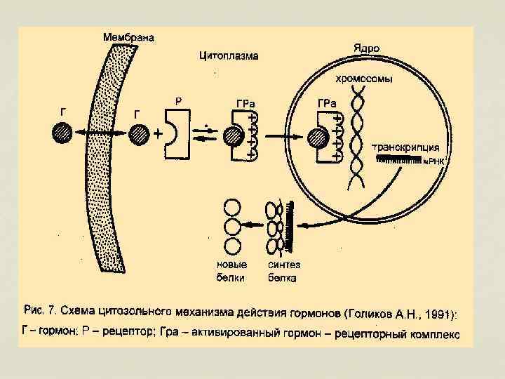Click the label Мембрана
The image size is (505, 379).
(129, 37)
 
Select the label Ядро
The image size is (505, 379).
(366, 48)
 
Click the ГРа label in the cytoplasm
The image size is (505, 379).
(245, 104)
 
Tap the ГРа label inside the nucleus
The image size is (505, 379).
(327, 104)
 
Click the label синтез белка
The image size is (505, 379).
(283, 272)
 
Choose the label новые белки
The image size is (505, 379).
(231, 272)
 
